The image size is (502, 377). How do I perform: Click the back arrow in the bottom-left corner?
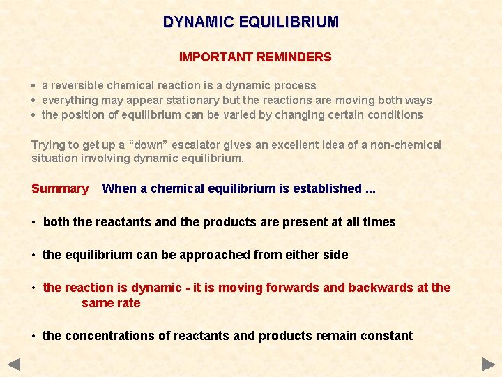point(14,364)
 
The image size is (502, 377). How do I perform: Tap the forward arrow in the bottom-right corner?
point(488,364)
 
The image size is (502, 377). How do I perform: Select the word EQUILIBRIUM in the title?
point(289,22)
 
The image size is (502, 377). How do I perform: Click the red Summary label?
point(60,188)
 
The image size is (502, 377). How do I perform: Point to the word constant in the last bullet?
point(388,336)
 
